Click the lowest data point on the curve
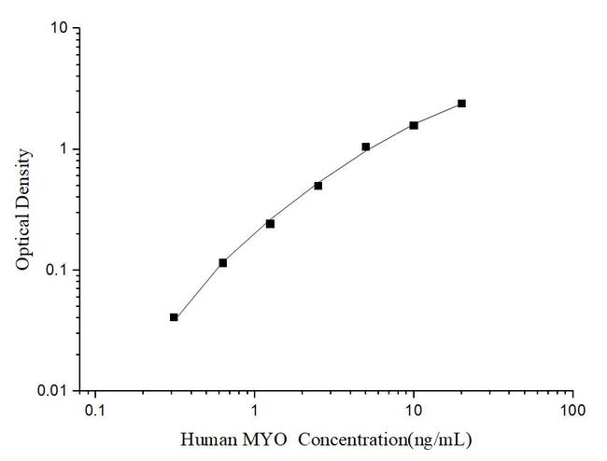click(x=174, y=317)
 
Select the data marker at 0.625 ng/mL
click(x=222, y=263)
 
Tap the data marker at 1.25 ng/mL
click(x=270, y=224)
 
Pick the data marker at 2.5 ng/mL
click(x=318, y=186)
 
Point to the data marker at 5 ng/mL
click(x=365, y=147)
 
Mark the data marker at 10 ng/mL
click(x=414, y=125)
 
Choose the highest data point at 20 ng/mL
click(x=461, y=104)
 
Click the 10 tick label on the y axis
click(x=58, y=29)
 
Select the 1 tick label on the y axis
click(x=63, y=149)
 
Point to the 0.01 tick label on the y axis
click(x=53, y=391)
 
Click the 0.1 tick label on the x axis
click(x=94, y=412)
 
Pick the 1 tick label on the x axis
click(x=254, y=412)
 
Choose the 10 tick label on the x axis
click(x=414, y=412)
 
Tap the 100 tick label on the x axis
click(x=572, y=412)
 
